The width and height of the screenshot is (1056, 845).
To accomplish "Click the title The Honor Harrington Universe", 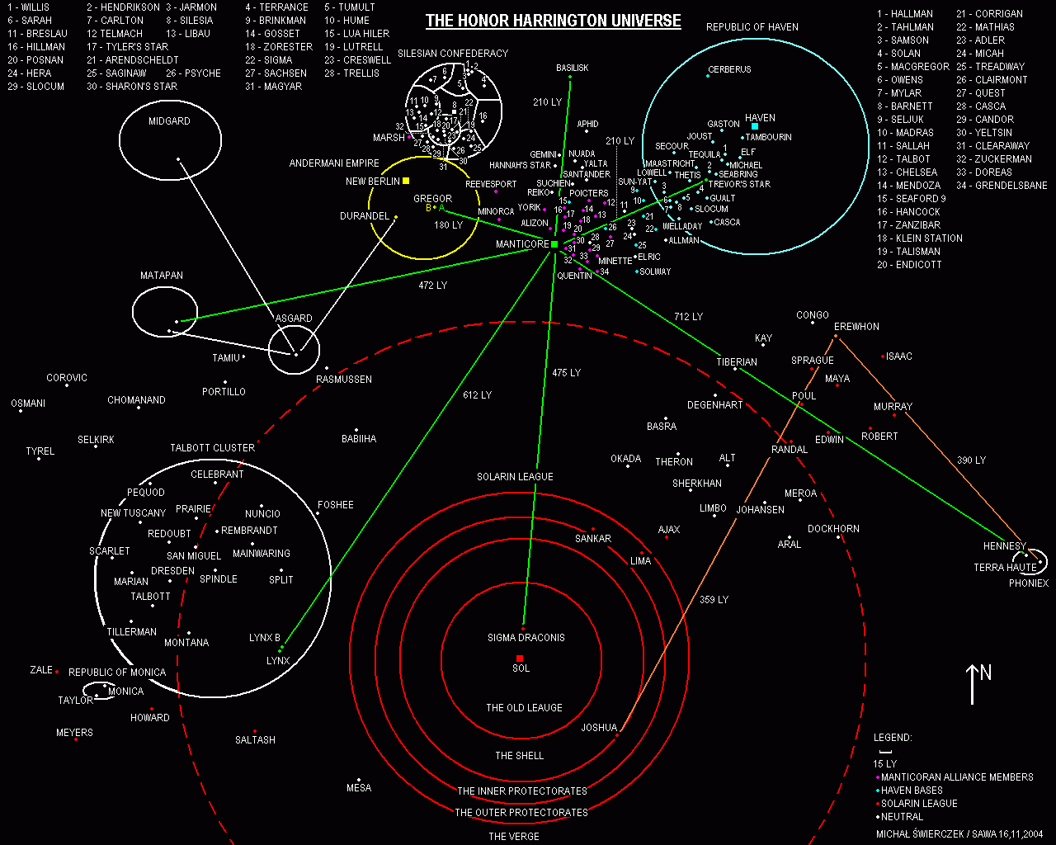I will (553, 21).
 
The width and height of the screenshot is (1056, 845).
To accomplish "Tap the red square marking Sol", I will (520, 658).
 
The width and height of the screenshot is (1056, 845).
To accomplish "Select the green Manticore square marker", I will (554, 244).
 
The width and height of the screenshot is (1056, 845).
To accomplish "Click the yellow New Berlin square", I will (406, 181).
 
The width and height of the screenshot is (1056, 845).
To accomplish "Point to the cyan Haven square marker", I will (755, 126).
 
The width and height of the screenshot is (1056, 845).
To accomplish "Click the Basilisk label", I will (572, 68).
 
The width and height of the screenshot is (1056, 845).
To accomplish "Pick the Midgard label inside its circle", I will (169, 121).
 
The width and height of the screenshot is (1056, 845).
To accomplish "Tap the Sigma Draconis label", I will (526, 638).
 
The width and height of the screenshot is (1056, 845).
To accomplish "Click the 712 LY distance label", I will (688, 317).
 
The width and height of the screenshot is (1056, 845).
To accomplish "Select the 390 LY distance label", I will (971, 460).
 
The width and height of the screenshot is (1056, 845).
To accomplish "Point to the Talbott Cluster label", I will (212, 448).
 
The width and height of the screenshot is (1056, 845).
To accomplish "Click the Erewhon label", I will (856, 327).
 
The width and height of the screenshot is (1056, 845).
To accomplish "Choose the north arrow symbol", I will (973, 683).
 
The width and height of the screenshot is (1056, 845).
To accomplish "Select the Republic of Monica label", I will (117, 673).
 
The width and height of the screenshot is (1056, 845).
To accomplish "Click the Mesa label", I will (359, 788).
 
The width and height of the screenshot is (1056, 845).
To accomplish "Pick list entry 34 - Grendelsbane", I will (1002, 186).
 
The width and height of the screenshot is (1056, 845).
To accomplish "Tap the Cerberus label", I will (729, 70).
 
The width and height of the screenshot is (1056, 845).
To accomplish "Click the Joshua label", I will (599, 728).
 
